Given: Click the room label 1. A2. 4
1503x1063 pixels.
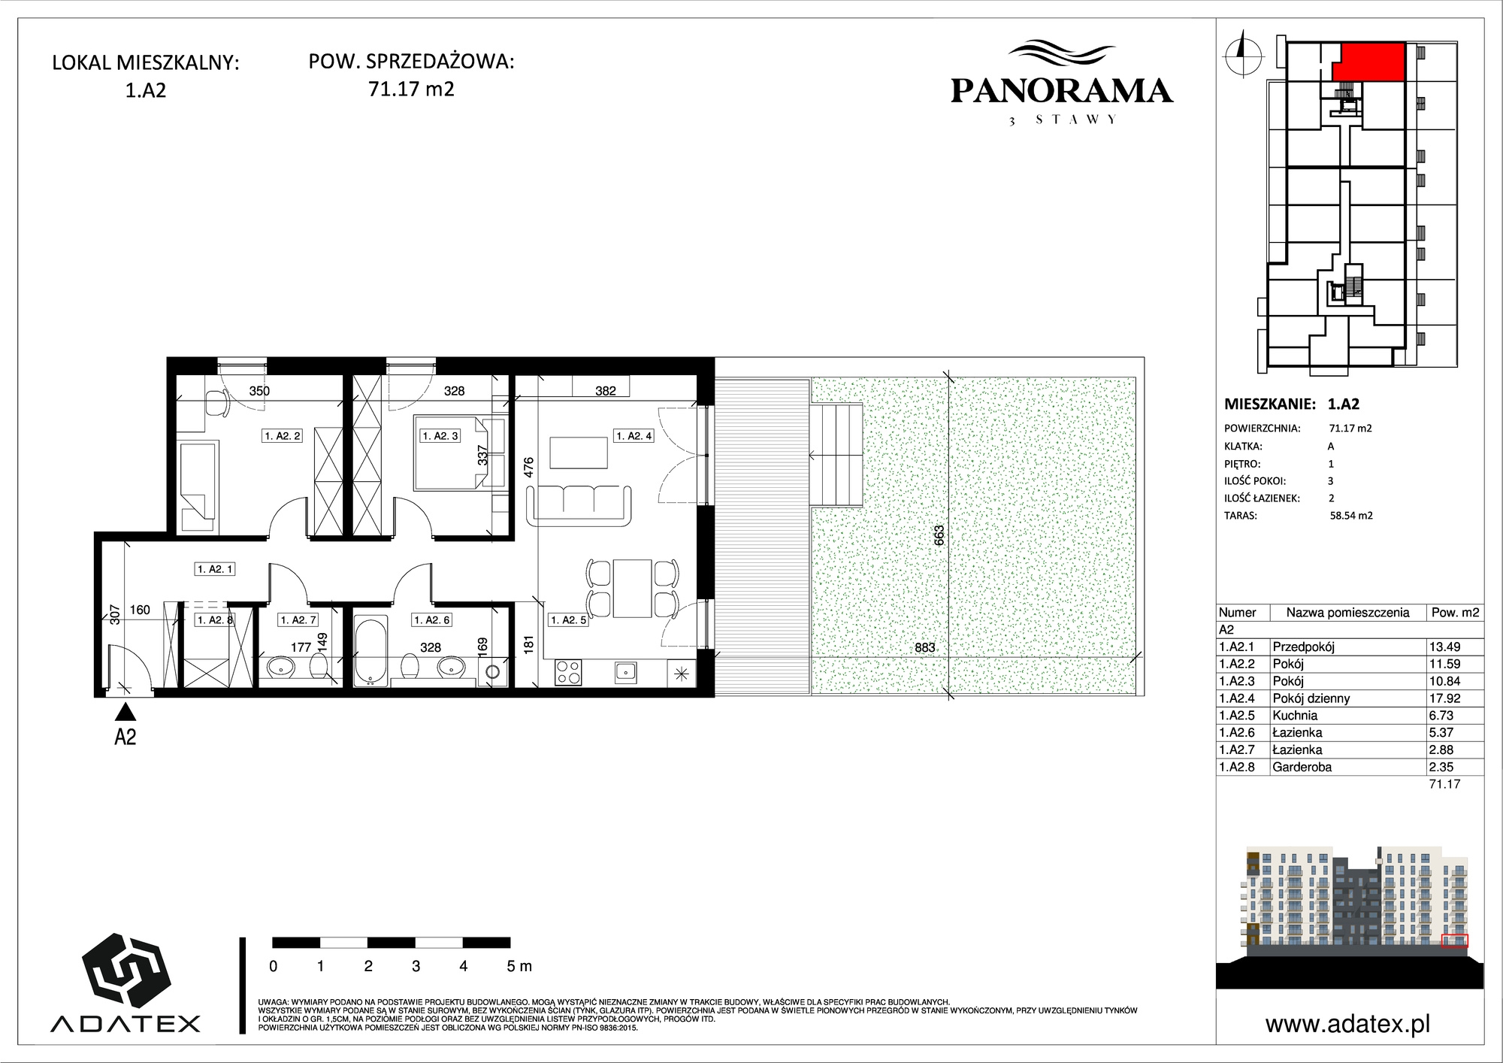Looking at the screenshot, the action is pos(634,436).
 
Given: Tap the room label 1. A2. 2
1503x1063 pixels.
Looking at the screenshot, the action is pos(283,436).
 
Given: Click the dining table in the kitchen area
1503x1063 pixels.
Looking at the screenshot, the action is pos(632,588).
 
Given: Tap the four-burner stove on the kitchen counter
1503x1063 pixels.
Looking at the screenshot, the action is pos(568,672).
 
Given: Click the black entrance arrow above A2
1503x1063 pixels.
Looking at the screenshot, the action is pos(126,711).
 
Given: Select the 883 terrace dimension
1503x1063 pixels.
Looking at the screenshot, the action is pos(925,648).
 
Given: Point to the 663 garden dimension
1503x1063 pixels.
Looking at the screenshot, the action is pos(939,535).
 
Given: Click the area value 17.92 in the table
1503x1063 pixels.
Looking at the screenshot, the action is pos(1444,698).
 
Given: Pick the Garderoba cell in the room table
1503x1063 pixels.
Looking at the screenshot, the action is pos(1302,768).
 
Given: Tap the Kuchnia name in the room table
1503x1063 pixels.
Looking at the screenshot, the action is pos(1295,716).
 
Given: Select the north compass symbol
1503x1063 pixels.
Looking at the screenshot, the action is pos(1243,53).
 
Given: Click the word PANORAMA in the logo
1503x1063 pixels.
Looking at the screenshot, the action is pos(1062,91).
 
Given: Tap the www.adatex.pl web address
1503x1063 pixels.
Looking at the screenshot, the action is pos(1347,1024).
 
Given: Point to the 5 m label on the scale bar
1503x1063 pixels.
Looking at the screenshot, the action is pos(519,966).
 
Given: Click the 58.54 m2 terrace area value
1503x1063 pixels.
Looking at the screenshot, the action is pos(1351,516).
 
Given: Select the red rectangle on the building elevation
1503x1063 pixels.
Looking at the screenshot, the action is pos(1456,941).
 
